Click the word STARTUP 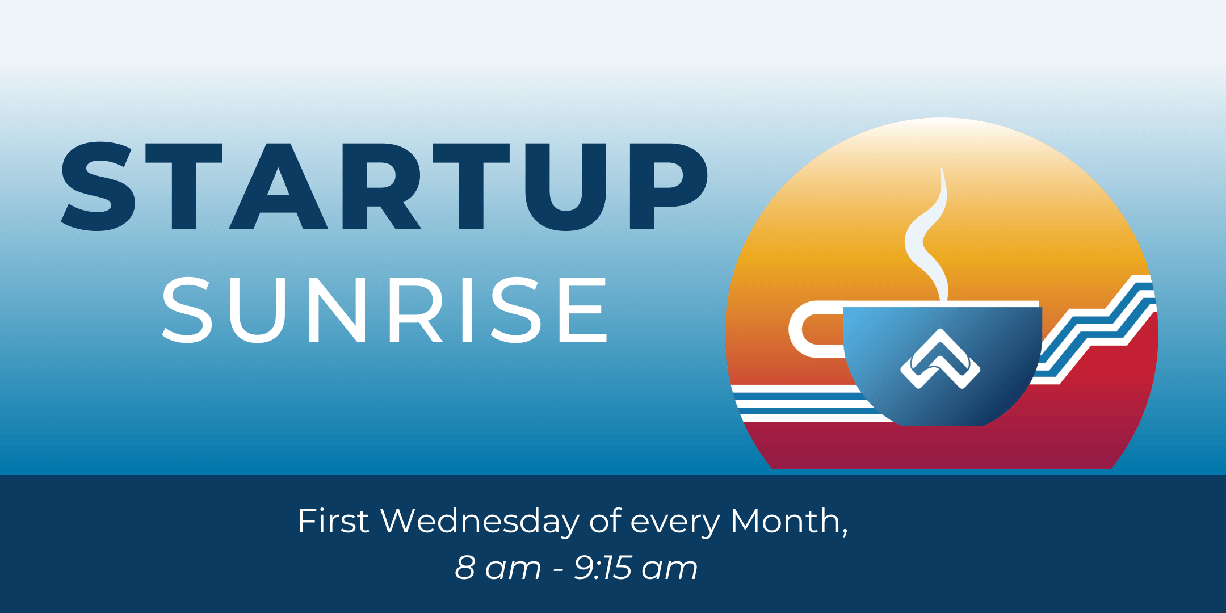[385, 186]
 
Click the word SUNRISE [385, 310]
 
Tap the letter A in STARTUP [278, 186]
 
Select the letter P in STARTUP [669, 186]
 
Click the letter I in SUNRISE [467, 310]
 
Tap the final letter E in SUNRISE [583, 310]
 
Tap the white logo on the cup [941, 359]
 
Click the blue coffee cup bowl [942, 363]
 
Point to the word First [333, 520]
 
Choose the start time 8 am [498, 568]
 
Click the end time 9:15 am [636, 568]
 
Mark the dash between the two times [558, 569]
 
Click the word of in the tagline [606, 520]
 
